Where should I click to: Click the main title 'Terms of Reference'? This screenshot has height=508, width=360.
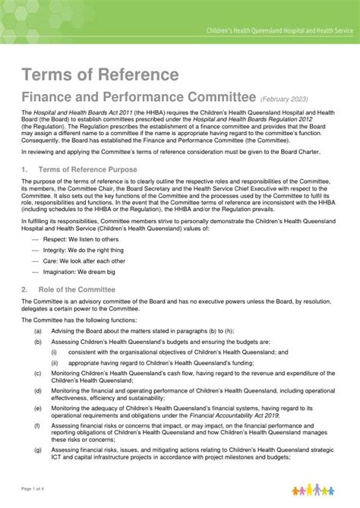100,74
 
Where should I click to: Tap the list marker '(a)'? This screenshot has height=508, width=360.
37,331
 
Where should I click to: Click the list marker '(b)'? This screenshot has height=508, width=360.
37,342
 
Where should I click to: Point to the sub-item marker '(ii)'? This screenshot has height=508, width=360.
55,363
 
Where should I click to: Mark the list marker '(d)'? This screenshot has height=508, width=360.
37,390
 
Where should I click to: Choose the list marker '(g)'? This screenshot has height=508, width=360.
37,449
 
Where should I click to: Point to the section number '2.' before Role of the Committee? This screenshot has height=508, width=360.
25,289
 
